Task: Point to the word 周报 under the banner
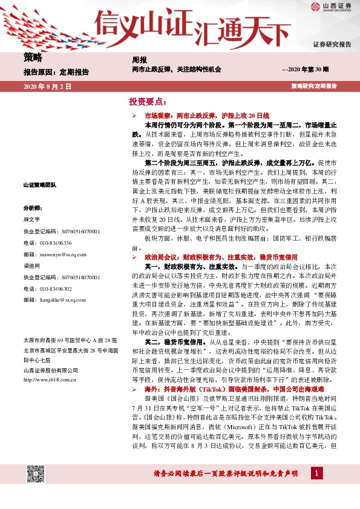pos(139,60)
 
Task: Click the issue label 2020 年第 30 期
pos(306,71)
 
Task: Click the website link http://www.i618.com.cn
pos(50,380)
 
